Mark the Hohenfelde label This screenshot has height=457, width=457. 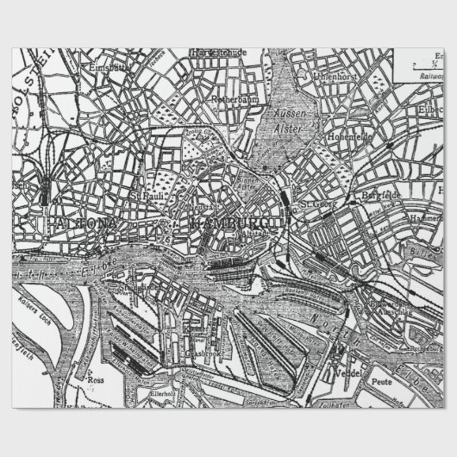click(x=349, y=137)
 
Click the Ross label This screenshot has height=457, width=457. click(x=95, y=377)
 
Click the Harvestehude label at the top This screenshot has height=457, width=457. click(x=223, y=53)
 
